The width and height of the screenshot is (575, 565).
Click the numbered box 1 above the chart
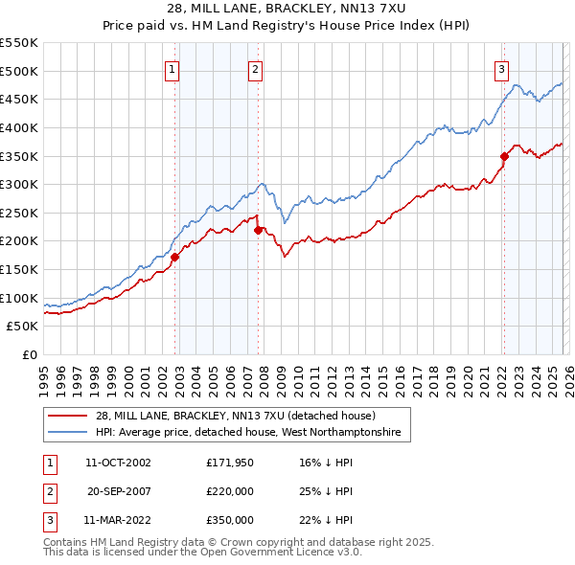pyautogui.click(x=172, y=68)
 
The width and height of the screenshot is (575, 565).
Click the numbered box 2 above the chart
pyautogui.click(x=256, y=68)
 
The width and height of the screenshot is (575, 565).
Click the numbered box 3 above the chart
pyautogui.click(x=501, y=68)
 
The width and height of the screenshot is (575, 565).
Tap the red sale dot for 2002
pyautogui.click(x=175, y=257)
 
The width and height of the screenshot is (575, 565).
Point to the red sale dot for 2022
pyautogui.click(x=504, y=156)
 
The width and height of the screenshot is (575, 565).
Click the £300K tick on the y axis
pyautogui.click(x=19, y=184)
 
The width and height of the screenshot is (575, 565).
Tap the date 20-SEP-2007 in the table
pyautogui.click(x=118, y=491)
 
